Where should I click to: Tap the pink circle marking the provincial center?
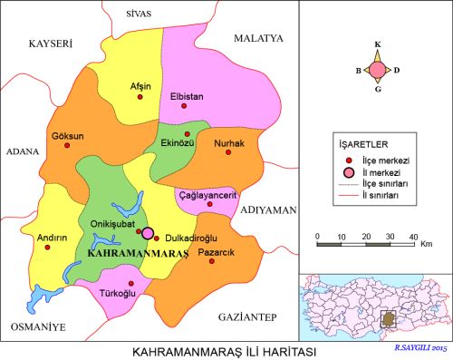click(x=148, y=233)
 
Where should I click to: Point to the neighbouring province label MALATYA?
click(x=259, y=38)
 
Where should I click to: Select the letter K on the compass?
click(x=379, y=43)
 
